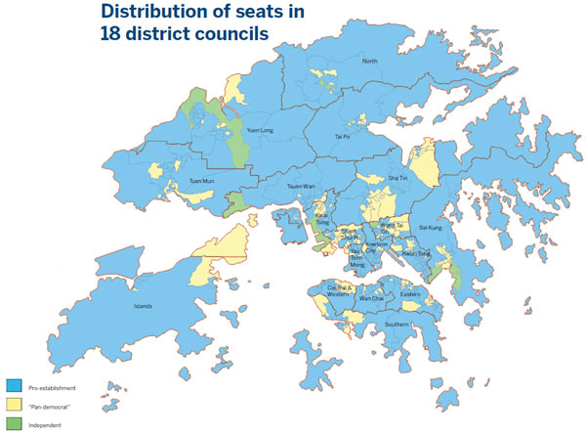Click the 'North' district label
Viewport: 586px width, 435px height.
point(369,62)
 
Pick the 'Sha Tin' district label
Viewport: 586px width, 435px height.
point(397,178)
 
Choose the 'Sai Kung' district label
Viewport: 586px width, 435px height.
point(431,227)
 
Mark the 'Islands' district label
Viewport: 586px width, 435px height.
point(143,306)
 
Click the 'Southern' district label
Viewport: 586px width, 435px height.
point(397,325)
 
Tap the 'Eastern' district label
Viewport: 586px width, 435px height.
point(410,292)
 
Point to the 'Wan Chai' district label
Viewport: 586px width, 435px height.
point(371,297)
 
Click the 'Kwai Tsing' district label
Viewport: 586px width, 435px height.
point(320,216)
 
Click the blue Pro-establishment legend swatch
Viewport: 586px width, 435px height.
point(13,385)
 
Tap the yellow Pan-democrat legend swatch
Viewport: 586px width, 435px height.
point(13,405)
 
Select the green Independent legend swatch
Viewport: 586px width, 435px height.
point(13,424)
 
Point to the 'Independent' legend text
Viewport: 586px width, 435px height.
point(47,425)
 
